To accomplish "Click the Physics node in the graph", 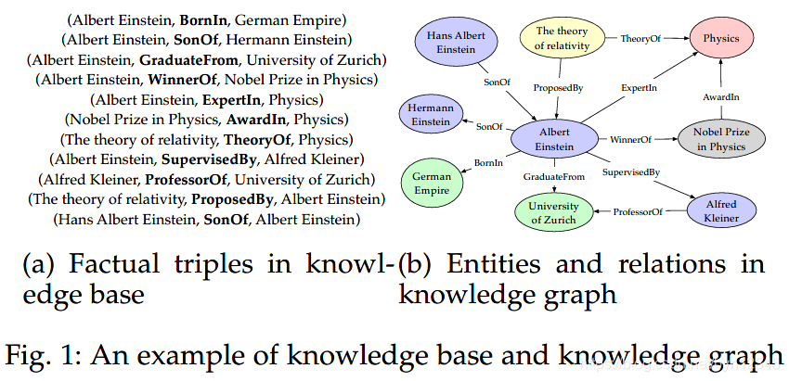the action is tap(720, 39).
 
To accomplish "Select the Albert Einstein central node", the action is tap(554, 140).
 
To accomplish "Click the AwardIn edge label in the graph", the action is tap(722, 97).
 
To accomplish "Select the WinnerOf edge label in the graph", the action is tap(630, 140).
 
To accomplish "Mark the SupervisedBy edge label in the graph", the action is tap(630, 172).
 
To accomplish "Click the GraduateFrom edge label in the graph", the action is tap(554, 176).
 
